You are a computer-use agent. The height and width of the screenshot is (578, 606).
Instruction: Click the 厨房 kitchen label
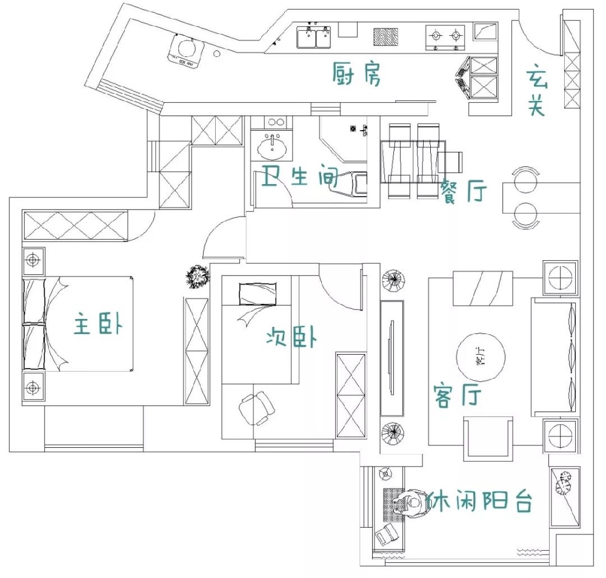(357, 74)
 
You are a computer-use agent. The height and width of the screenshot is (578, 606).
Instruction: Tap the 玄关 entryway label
(537, 93)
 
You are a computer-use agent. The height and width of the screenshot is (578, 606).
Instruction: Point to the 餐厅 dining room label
(464, 191)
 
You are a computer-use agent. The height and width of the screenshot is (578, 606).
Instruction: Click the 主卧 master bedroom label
(98, 323)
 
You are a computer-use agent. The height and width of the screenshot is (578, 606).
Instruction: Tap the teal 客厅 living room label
(458, 395)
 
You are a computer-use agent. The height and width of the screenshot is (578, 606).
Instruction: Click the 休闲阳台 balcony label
(479, 501)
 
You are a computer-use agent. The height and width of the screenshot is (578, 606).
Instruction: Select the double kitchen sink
(314, 37)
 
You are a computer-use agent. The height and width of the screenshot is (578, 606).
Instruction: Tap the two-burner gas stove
(445, 38)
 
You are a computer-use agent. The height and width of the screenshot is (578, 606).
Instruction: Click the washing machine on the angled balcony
(186, 51)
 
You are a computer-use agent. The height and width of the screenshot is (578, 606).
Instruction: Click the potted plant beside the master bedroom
(198, 277)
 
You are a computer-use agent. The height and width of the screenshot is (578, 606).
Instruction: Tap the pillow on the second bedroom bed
(258, 294)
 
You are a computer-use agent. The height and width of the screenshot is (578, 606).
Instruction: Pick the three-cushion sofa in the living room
(555, 355)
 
